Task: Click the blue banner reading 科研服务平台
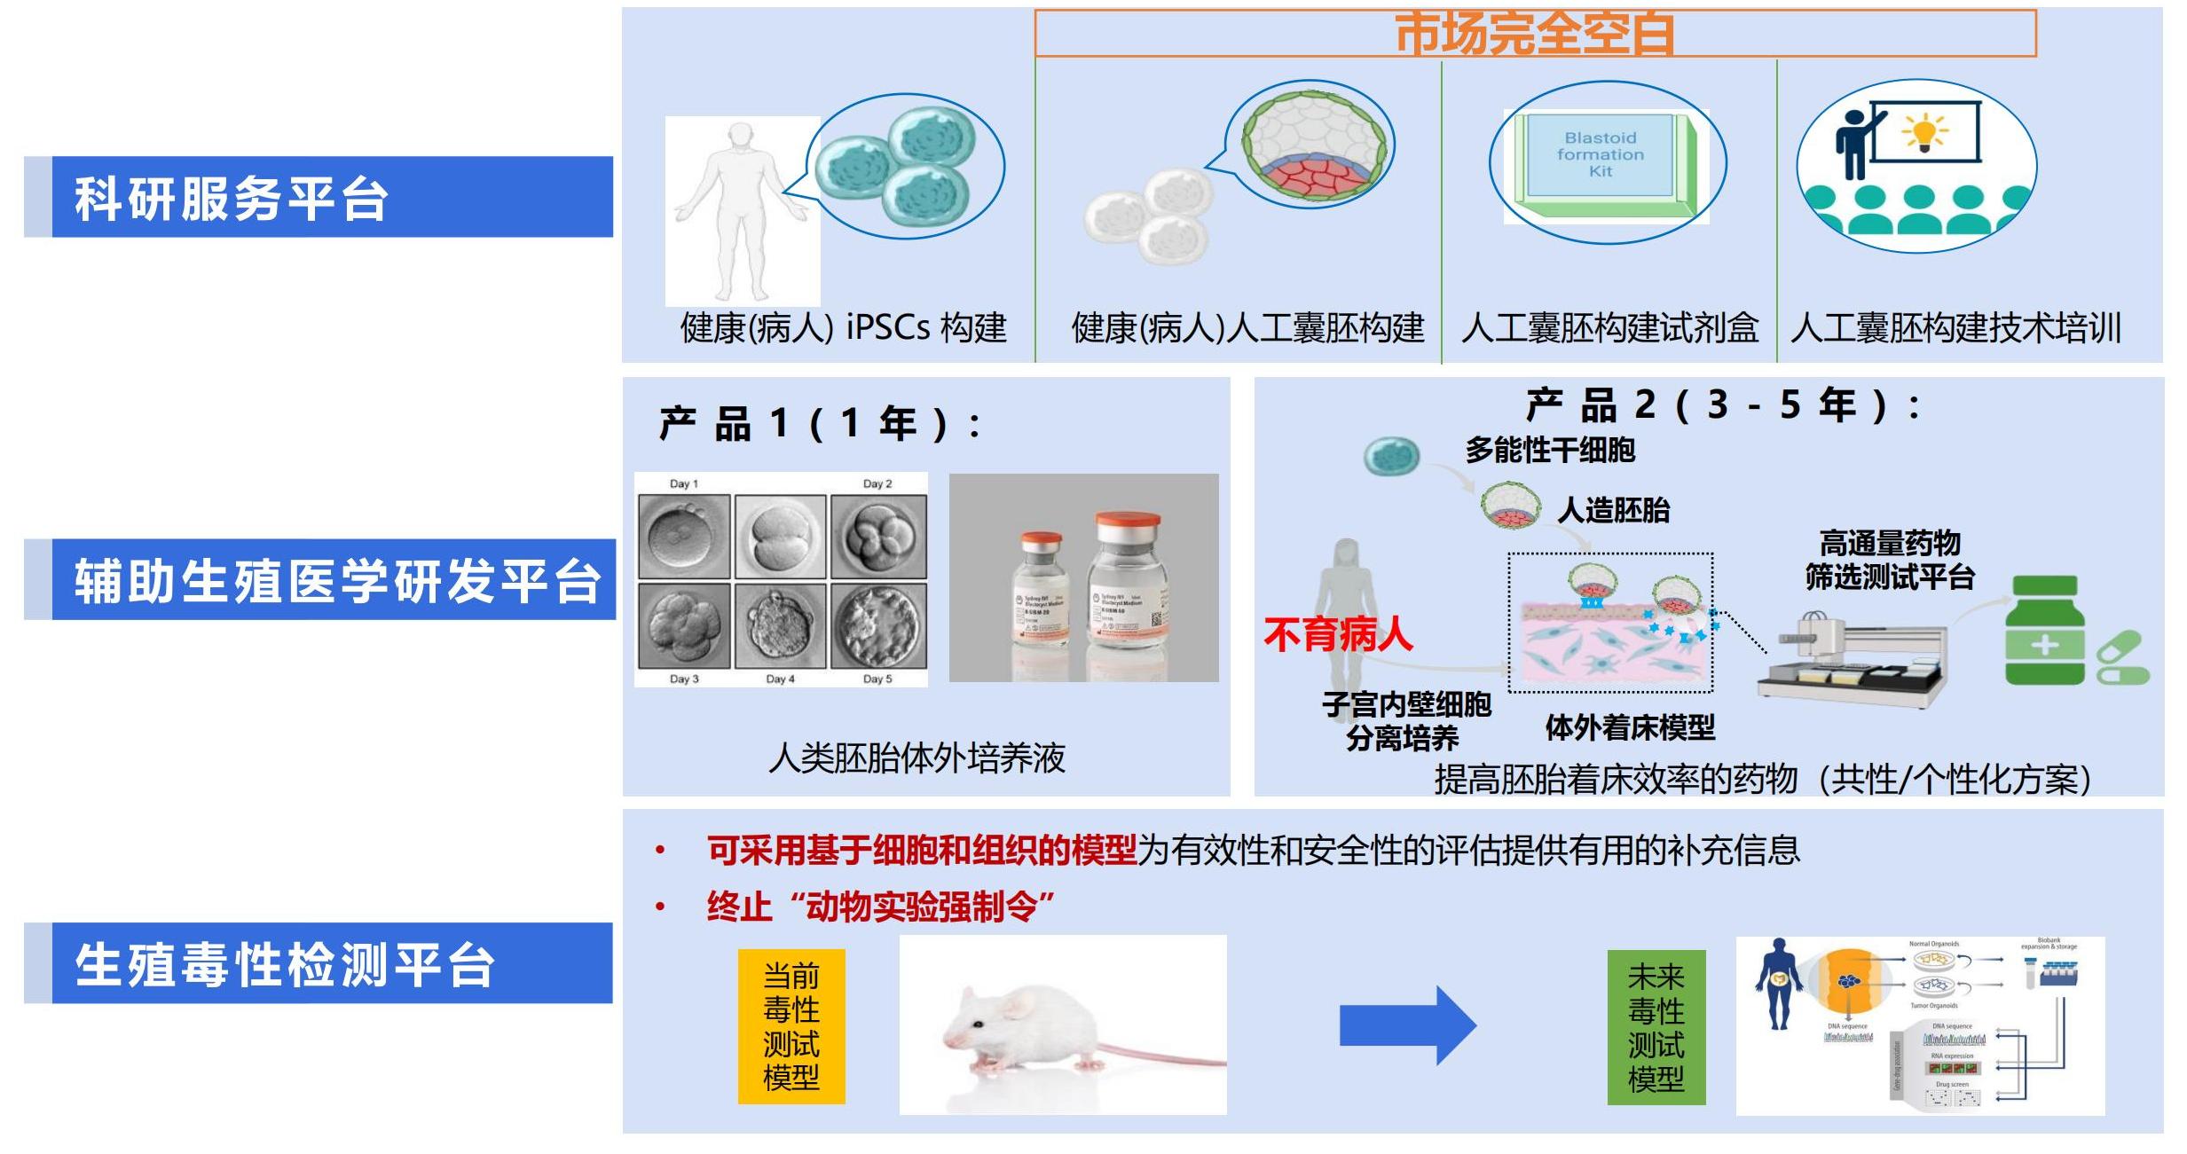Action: click(x=319, y=197)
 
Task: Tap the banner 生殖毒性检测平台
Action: click(x=319, y=964)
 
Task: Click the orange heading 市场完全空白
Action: click(x=1535, y=34)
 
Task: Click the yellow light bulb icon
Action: click(x=1923, y=134)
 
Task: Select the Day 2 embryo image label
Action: click(x=877, y=483)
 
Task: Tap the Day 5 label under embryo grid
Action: click(x=877, y=679)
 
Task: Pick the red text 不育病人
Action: click(x=1338, y=635)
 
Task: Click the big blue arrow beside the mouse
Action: click(x=1407, y=1024)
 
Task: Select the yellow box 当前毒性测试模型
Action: click(x=791, y=1026)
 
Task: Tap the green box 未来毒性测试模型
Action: click(x=1656, y=1027)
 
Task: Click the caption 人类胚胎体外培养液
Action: click(x=916, y=758)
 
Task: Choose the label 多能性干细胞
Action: click(x=1549, y=451)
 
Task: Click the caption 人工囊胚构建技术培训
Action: click(x=1955, y=328)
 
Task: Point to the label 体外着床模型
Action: click(x=1630, y=728)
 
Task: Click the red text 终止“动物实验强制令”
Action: click(x=880, y=907)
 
